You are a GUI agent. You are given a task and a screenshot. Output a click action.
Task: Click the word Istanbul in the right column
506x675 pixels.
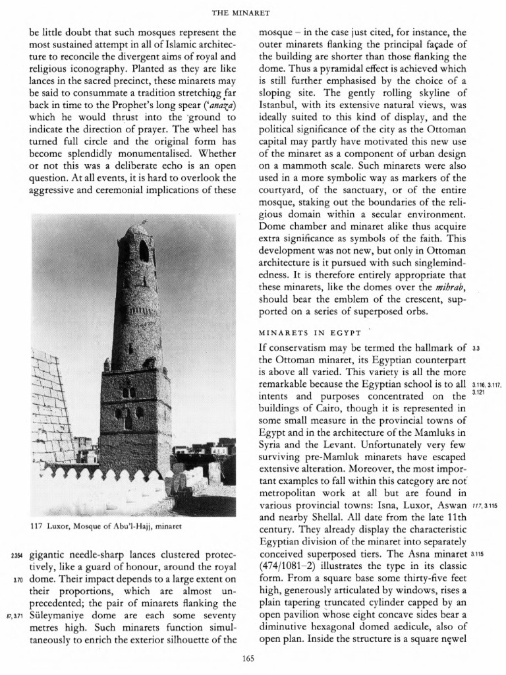pyautogui.click(x=277, y=105)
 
